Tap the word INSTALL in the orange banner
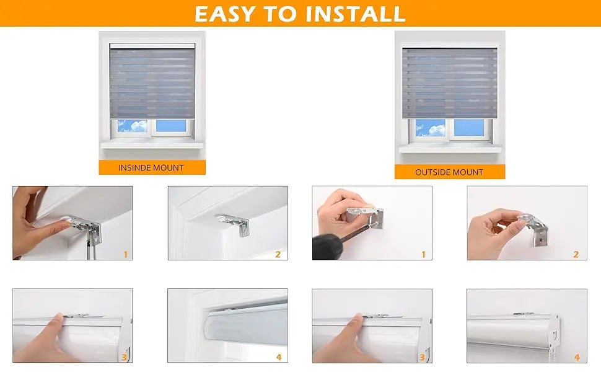point(354,14)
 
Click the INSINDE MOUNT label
point(151,167)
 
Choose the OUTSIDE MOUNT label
point(449,172)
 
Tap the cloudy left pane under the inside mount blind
point(133,126)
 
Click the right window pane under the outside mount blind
point(470,128)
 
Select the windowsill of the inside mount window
point(152,145)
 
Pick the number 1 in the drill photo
point(423,254)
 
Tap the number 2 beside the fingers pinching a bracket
point(576,254)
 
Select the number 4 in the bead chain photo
point(576,357)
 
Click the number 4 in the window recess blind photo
point(278,357)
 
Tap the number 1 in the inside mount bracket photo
point(125,254)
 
